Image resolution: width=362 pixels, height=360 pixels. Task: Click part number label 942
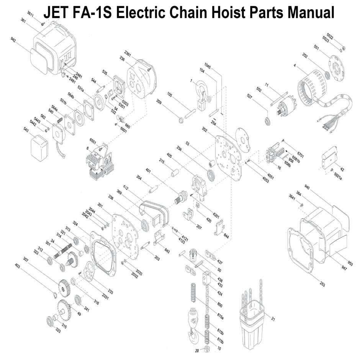(14, 39)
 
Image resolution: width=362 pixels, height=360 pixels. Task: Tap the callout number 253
(322, 284)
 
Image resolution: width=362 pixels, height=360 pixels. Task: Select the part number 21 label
(273, 319)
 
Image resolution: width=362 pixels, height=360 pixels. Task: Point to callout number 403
(18, 265)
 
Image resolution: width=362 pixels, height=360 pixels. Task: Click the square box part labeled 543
(39, 146)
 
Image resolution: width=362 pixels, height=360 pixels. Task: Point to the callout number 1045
(207, 65)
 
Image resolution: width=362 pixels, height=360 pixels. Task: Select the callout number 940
(306, 187)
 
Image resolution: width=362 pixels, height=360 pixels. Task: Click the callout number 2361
(128, 53)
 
